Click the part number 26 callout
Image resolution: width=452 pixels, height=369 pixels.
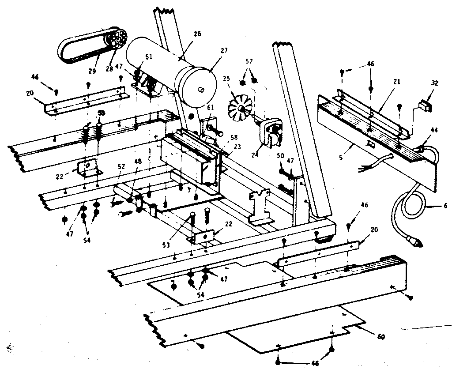tap(197, 34)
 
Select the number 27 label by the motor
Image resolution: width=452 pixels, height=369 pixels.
tap(224, 51)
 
